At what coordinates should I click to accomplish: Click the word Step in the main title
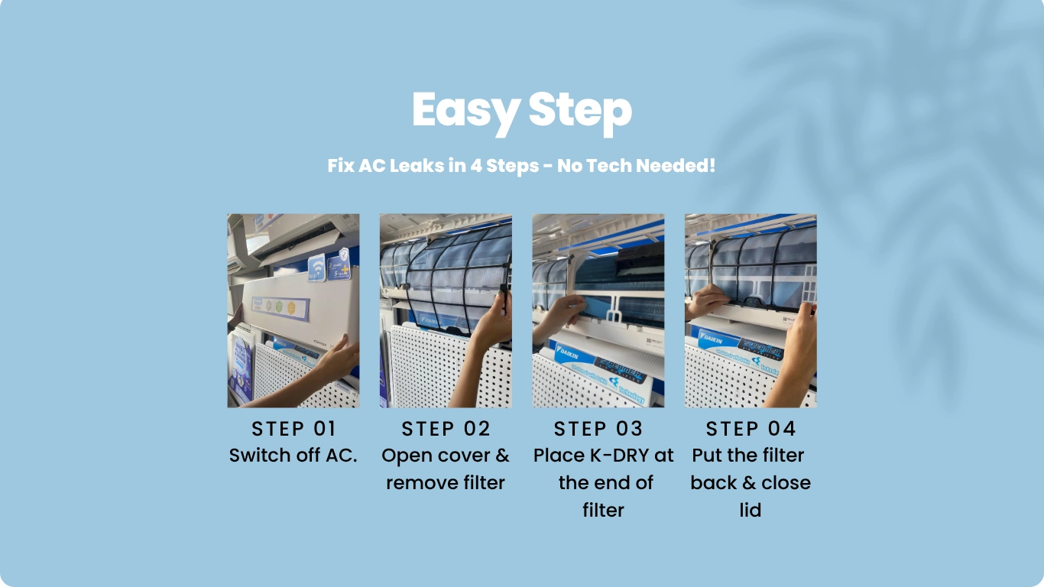[580, 111]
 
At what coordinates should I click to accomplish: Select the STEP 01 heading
[293, 428]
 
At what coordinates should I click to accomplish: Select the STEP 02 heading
[446, 428]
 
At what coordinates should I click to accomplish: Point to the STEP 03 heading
[598, 428]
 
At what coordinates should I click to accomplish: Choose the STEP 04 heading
[751, 428]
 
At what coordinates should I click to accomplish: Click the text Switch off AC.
[293, 456]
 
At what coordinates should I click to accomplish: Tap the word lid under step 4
[750, 510]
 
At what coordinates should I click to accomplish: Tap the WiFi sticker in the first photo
[316, 268]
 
